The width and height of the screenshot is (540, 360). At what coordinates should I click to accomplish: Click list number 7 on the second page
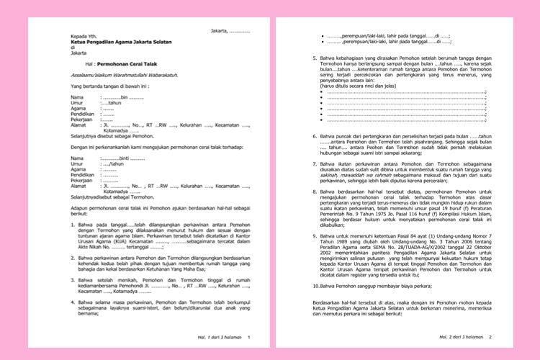(315, 165)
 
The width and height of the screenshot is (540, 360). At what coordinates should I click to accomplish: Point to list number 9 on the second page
(315, 235)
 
